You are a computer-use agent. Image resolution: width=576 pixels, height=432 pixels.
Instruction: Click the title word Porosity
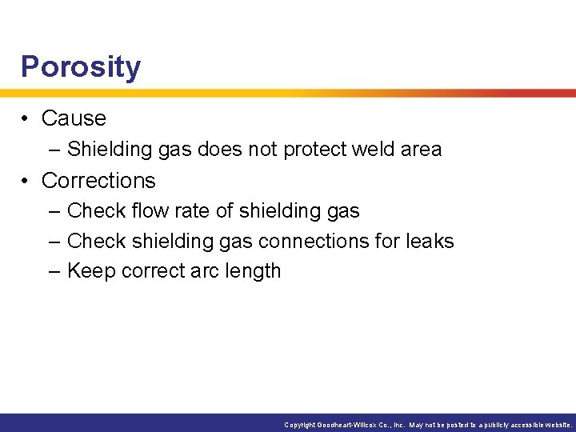81,67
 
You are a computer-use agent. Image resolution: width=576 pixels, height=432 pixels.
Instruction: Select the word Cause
74,118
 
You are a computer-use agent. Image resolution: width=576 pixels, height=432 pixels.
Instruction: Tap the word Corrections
98,181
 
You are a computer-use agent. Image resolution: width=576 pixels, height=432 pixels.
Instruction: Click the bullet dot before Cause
27,118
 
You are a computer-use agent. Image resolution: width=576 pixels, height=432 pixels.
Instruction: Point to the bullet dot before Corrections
27,181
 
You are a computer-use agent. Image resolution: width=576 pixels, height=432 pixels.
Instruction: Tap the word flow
147,211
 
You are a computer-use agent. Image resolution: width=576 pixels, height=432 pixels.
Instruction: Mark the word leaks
430,241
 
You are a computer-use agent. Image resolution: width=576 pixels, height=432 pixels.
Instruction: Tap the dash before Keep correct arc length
54,271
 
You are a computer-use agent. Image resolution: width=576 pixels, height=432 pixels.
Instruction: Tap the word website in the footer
556,425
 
